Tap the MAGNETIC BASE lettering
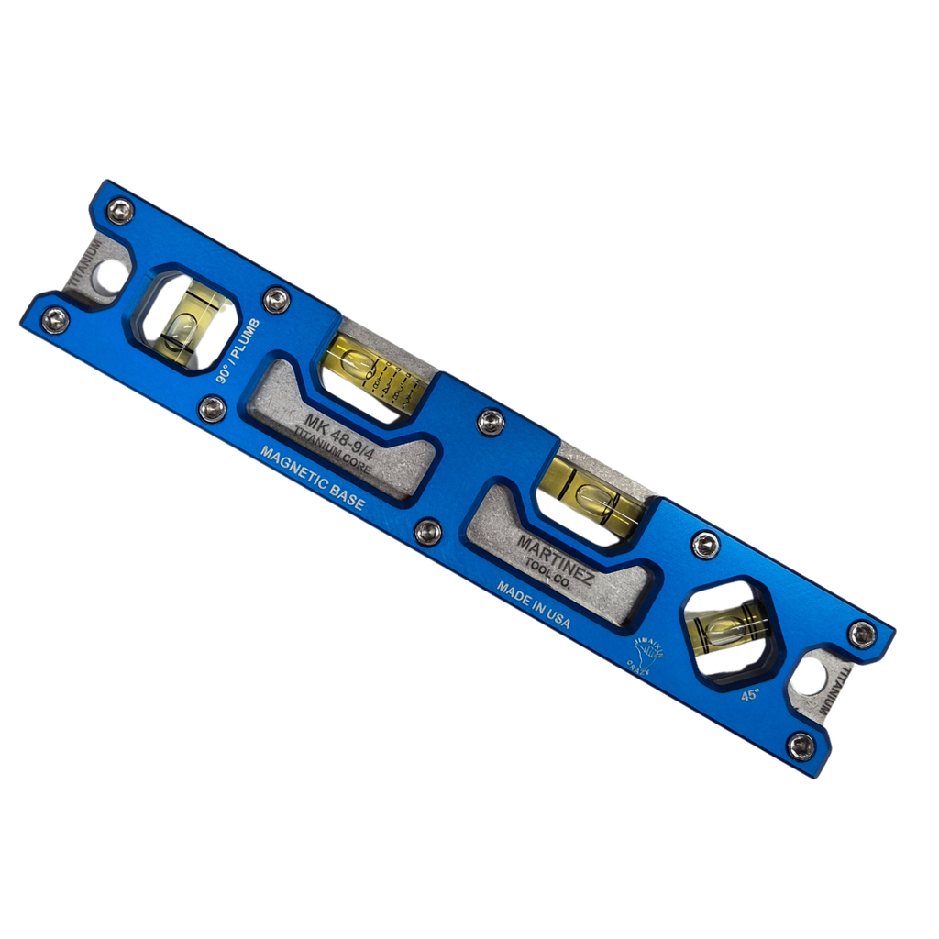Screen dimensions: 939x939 click(312, 478)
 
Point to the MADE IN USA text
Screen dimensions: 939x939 click(534, 604)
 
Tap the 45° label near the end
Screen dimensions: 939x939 click(750, 694)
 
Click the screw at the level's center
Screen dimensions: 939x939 click(491, 421)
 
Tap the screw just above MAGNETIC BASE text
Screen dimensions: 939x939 click(212, 408)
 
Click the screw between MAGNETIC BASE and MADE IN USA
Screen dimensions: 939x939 click(427, 531)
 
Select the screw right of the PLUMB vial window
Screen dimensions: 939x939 click(276, 299)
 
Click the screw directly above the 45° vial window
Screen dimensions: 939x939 click(705, 545)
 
